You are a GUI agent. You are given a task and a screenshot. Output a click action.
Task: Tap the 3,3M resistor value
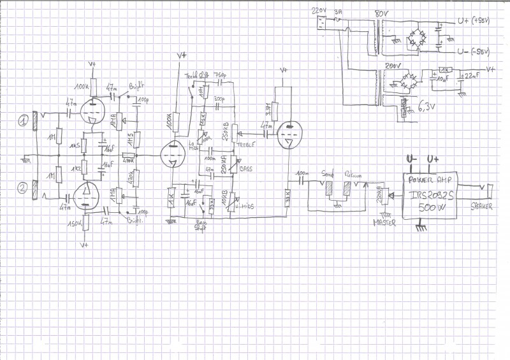(265, 110)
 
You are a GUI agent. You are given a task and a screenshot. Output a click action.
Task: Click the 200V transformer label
(391, 66)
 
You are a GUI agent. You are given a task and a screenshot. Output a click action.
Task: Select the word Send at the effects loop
(328, 173)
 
